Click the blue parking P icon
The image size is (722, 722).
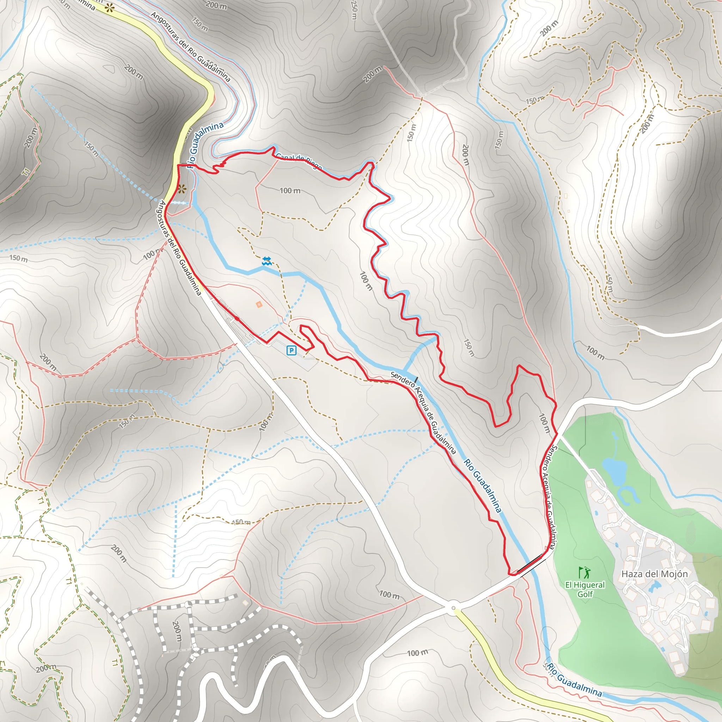pyautogui.click(x=291, y=350)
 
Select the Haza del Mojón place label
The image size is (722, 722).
pyautogui.click(x=654, y=574)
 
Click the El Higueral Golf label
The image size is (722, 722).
pyautogui.click(x=585, y=589)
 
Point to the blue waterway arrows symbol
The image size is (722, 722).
pyautogui.click(x=267, y=261)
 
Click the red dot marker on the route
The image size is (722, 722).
pyautogui.click(x=237, y=319)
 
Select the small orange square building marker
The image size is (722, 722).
pyautogui.click(x=259, y=305)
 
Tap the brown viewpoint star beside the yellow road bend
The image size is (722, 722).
pyautogui.click(x=182, y=189)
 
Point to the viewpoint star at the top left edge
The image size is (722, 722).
pyautogui.click(x=109, y=8)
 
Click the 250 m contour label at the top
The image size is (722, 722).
pyautogui.click(x=354, y=10)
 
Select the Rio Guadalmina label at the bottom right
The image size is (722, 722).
pyautogui.click(x=574, y=681)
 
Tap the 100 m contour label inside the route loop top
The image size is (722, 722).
pyautogui.click(x=290, y=191)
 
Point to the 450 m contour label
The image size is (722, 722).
pyautogui.click(x=241, y=522)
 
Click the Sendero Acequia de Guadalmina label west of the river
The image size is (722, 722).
pyautogui.click(x=423, y=412)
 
